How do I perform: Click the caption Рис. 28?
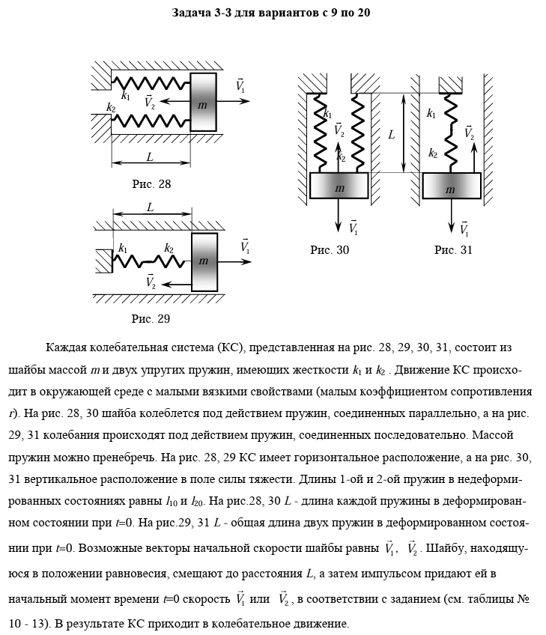click(151, 183)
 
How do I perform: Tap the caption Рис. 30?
click(330, 250)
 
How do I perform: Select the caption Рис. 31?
click(453, 250)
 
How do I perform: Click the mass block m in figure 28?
click(202, 104)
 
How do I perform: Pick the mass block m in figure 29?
click(203, 261)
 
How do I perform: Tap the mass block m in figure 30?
click(339, 187)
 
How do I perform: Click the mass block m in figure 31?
click(450, 189)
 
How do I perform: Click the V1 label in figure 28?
click(240, 85)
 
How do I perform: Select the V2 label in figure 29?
click(151, 282)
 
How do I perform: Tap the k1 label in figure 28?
click(125, 95)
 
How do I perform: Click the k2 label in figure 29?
click(169, 248)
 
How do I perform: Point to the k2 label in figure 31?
click(433, 153)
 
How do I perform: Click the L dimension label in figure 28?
click(150, 157)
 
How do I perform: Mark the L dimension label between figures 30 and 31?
click(391, 135)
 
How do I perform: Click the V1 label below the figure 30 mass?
click(353, 227)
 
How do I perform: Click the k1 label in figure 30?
click(327, 114)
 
